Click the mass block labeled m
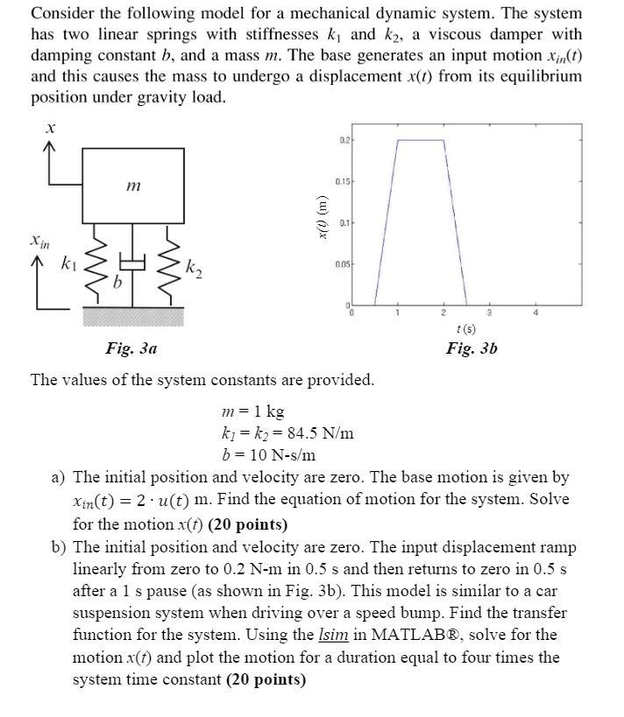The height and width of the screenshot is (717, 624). coord(132,186)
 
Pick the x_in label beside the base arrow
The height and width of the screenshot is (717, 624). coord(38,237)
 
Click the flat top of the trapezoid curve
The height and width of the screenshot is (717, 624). coord(420,139)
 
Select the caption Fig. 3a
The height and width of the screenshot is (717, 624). coord(132,348)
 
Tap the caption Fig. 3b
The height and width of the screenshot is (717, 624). coord(472,348)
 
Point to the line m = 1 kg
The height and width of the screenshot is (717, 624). coord(253,411)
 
